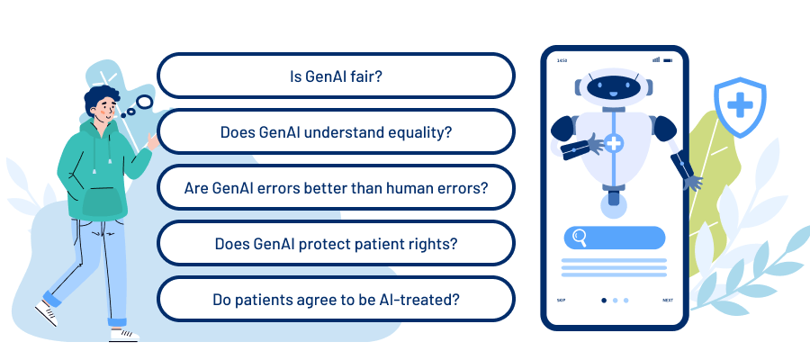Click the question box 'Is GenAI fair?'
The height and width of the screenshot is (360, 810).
(336, 76)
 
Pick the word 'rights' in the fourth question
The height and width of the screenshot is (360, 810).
(436, 243)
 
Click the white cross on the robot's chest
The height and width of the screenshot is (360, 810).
(615, 143)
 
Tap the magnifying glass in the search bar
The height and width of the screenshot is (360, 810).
(580, 238)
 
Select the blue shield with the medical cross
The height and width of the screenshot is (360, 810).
(740, 107)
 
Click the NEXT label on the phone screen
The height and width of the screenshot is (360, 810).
(667, 301)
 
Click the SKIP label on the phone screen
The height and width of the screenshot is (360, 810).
(561, 301)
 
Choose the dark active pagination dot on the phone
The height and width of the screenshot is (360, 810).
(603, 301)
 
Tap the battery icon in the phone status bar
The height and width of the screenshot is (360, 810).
(668, 60)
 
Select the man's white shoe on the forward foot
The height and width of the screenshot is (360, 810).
(124, 334)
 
